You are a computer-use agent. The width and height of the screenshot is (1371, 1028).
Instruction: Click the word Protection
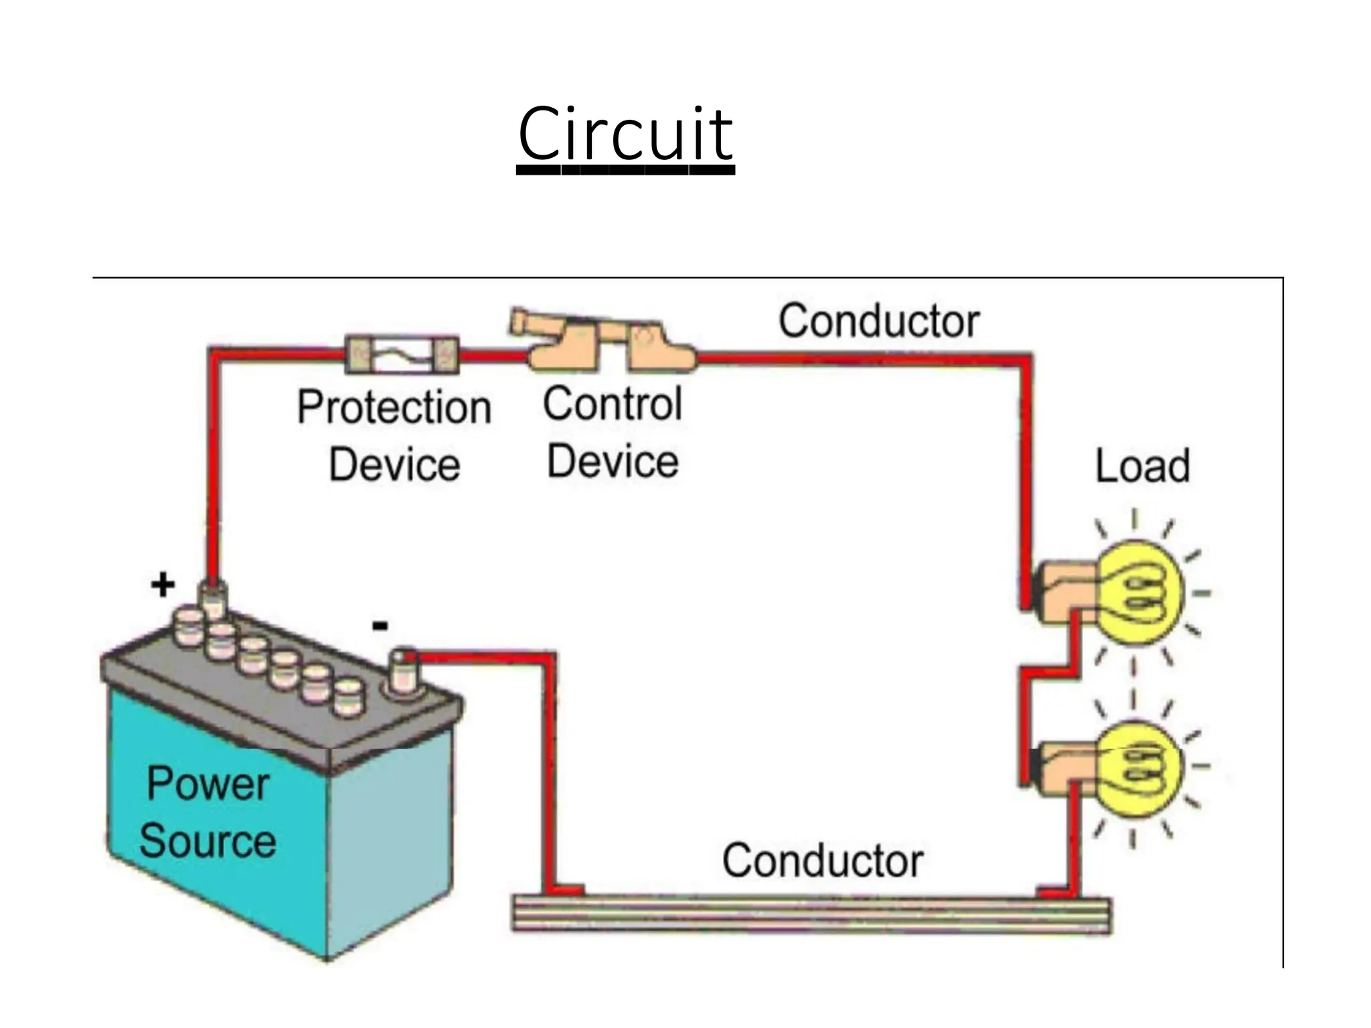click(x=394, y=408)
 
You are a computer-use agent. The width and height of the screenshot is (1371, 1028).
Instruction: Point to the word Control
click(x=612, y=404)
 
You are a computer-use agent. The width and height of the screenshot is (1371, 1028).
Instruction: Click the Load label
click(x=1142, y=466)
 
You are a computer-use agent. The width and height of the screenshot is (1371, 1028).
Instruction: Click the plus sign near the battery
click(x=163, y=586)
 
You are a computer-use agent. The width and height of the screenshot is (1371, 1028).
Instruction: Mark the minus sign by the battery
click(x=380, y=626)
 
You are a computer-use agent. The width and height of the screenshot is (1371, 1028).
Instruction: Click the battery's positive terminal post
click(x=214, y=599)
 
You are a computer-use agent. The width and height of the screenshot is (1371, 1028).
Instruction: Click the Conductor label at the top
click(x=878, y=321)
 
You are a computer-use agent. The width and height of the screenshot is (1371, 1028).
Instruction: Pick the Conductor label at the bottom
click(x=822, y=861)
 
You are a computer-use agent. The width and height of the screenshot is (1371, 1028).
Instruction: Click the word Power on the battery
click(x=208, y=784)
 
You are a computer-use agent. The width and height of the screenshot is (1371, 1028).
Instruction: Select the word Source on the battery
click(x=208, y=841)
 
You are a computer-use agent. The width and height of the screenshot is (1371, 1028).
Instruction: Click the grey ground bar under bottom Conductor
click(x=810, y=915)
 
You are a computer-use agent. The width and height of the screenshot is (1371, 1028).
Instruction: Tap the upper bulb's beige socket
click(x=1064, y=593)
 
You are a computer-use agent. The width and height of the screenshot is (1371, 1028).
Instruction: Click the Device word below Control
click(x=612, y=462)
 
